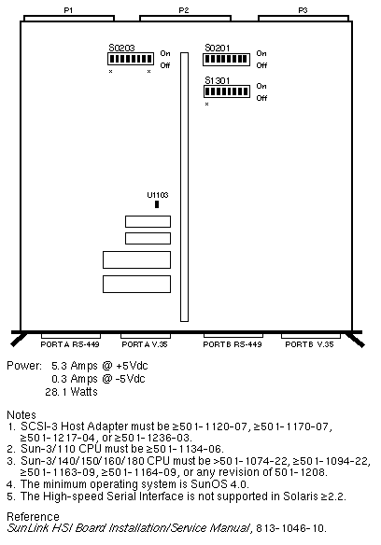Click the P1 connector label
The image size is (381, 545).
click(x=68, y=10)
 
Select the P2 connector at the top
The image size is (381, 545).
click(x=185, y=18)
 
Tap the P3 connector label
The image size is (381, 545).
click(x=303, y=10)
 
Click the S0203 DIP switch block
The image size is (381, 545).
click(x=131, y=59)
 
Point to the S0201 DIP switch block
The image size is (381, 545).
click(x=227, y=59)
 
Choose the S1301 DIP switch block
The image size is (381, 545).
click(x=227, y=91)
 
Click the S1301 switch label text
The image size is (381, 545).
click(x=218, y=80)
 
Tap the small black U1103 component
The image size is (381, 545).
click(x=157, y=204)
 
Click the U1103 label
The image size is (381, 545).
click(x=157, y=195)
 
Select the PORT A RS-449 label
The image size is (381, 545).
click(x=70, y=344)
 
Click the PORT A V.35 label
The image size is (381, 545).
click(x=145, y=344)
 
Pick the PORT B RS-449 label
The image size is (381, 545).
click(x=233, y=344)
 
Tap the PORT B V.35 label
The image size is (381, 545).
click(x=309, y=344)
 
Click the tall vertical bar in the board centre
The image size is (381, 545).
click(x=184, y=187)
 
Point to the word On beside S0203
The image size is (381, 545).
click(x=165, y=53)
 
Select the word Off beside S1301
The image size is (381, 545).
click(x=261, y=98)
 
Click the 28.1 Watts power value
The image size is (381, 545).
click(x=71, y=392)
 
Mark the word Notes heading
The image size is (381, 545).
click(x=21, y=414)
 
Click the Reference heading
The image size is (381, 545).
click(x=33, y=516)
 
